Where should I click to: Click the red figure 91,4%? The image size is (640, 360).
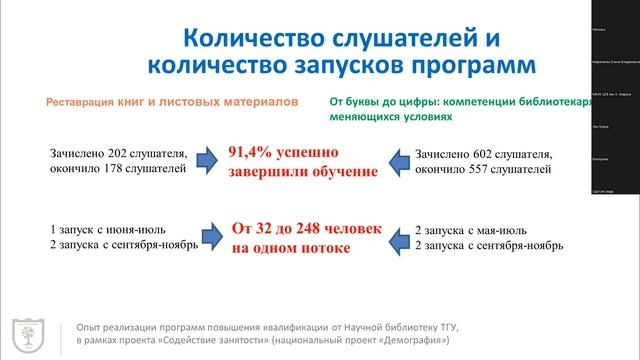(x=251, y=153)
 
